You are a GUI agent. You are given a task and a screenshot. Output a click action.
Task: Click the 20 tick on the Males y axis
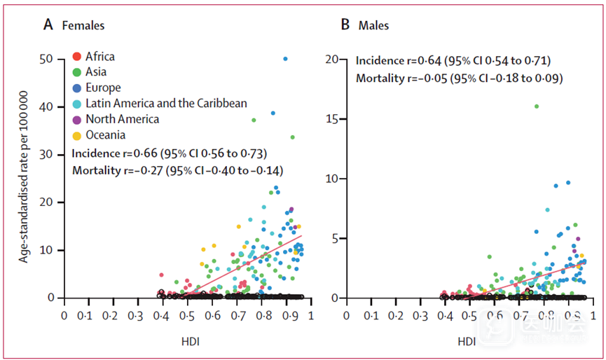pos(333,59)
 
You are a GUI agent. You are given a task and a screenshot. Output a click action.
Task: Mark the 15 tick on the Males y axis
pos(333,119)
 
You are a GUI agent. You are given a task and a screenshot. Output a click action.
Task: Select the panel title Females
pos(83,26)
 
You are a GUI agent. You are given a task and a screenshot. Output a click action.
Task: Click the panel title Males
pos(373,26)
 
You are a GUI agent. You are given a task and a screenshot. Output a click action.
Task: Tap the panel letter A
pos(48,25)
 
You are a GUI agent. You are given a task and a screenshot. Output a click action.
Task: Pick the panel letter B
pos(345,25)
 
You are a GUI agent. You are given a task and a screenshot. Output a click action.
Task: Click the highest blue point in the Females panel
pos(285,59)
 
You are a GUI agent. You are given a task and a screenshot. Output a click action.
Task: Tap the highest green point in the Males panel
pos(537,106)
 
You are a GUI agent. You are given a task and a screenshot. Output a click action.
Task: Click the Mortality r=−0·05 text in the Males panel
pos(460,78)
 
